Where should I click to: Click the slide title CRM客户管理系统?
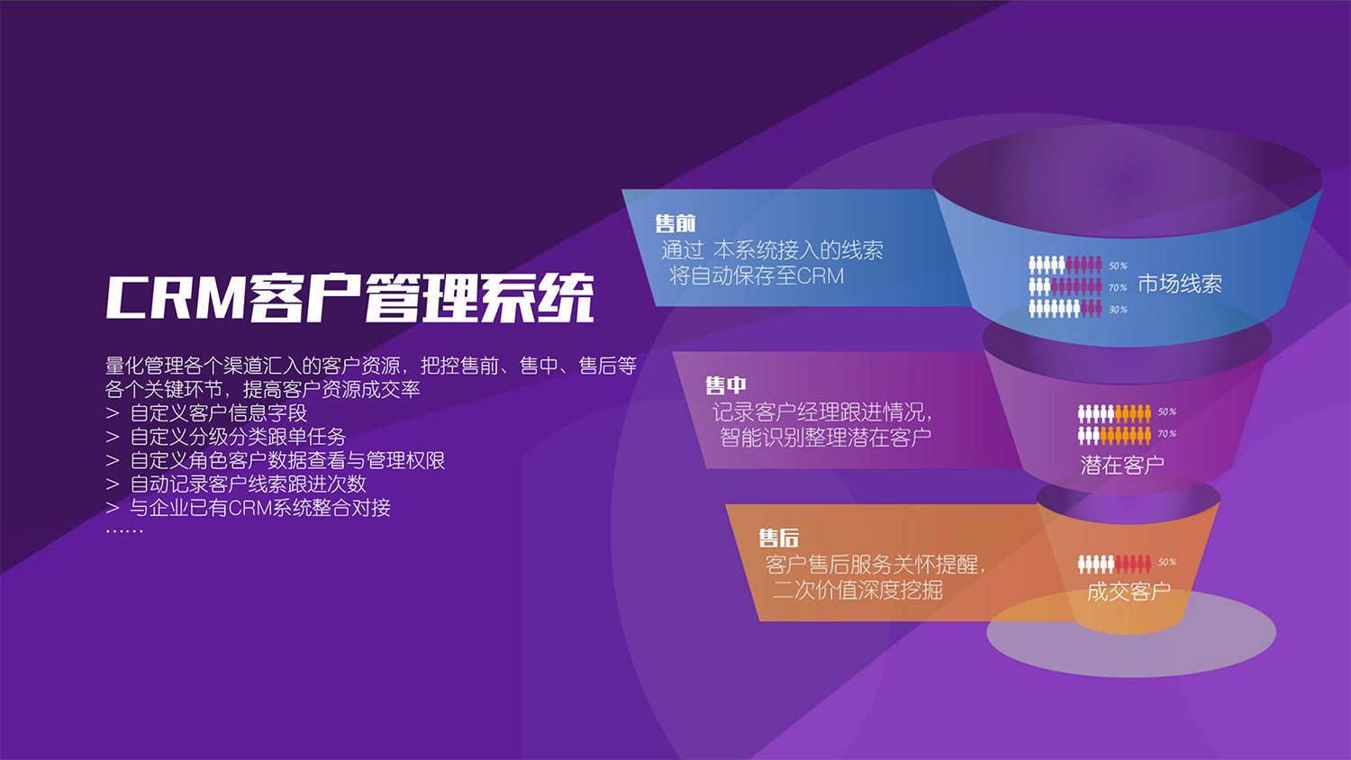349,297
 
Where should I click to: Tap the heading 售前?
675,223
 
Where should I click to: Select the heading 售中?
726,385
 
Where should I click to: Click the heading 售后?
779,538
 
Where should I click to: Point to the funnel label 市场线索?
1180,285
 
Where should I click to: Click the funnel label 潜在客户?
1122,465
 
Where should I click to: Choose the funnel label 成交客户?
1129,592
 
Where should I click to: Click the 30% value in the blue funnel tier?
1118,310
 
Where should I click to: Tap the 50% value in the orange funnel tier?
1167,563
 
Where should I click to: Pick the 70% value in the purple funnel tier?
1167,434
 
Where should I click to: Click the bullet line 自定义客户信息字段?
219,413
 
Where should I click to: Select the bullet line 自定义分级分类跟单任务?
239,437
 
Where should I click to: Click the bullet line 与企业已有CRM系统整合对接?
260,508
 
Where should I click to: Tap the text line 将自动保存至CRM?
757,276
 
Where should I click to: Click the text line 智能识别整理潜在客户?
825,438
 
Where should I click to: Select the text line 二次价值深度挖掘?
858,590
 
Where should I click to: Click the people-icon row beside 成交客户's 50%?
1114,564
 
